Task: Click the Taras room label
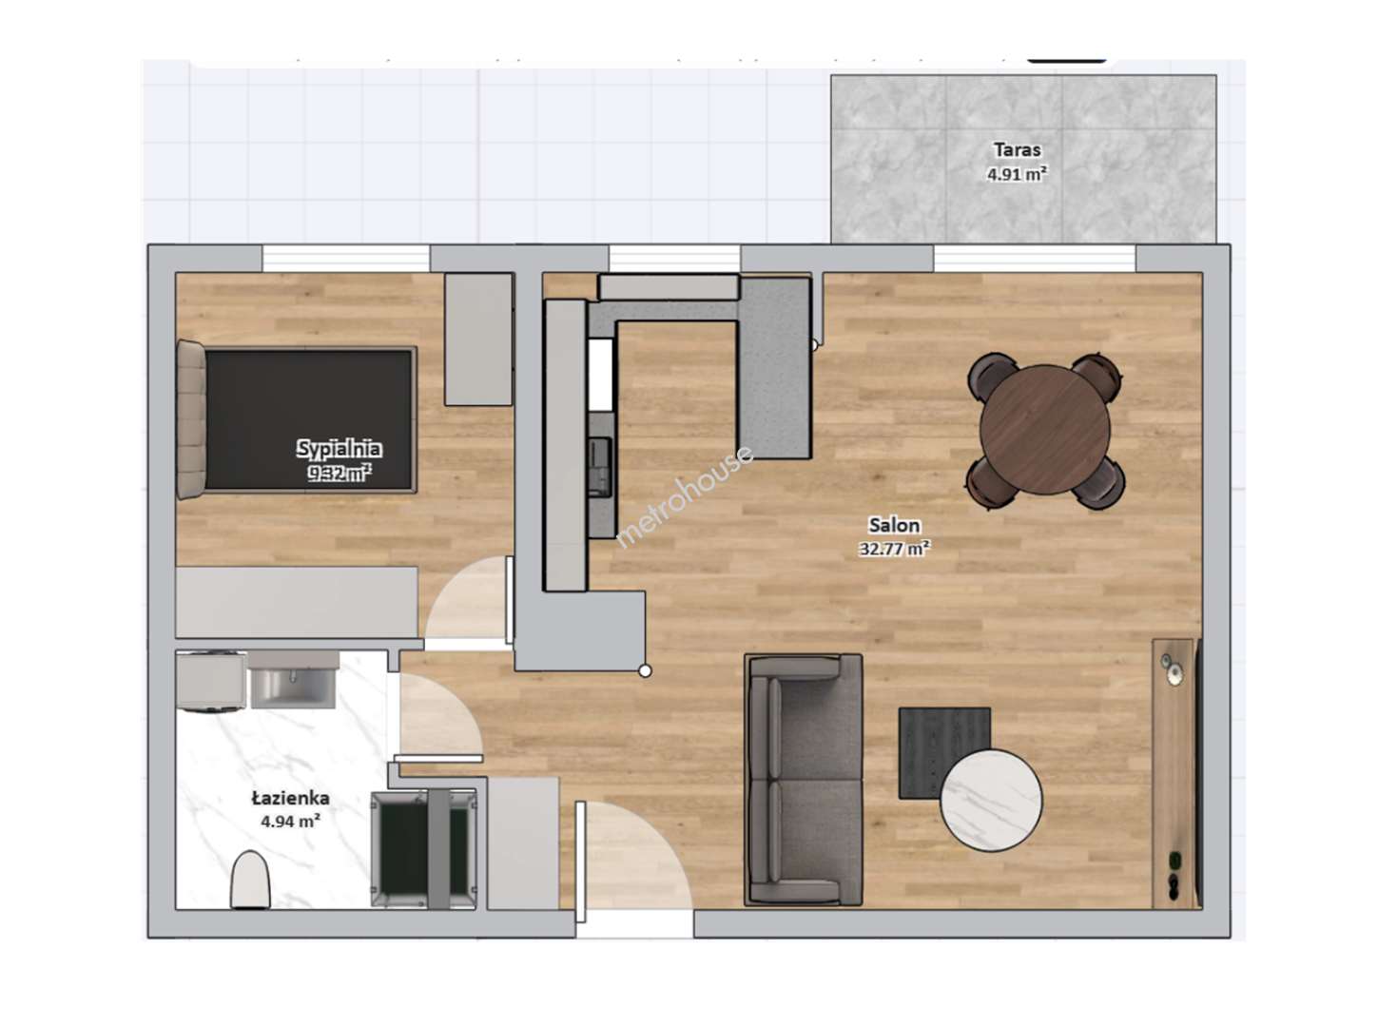(x=1017, y=150)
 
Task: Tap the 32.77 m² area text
(x=894, y=549)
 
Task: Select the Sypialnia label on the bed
(x=339, y=448)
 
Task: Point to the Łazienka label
(x=290, y=798)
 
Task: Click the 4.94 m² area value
(x=291, y=821)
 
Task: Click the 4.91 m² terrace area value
(x=1017, y=174)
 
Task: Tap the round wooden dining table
(x=1044, y=430)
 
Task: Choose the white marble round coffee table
(x=991, y=801)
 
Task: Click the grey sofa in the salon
(x=803, y=781)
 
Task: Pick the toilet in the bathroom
(x=250, y=880)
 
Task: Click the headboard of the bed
(x=191, y=419)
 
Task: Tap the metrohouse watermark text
(x=684, y=496)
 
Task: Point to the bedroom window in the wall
(x=346, y=259)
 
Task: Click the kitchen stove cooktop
(x=599, y=467)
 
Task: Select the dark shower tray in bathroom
(x=424, y=849)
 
